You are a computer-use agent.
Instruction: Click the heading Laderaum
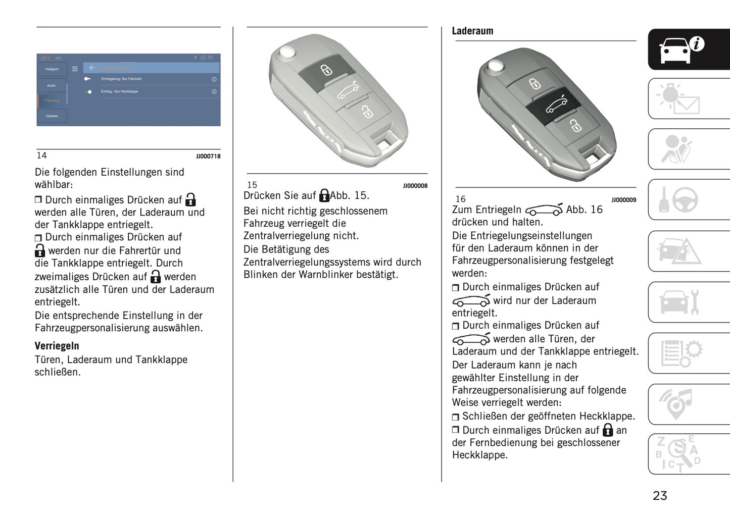[472, 31]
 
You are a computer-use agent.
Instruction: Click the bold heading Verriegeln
[57, 346]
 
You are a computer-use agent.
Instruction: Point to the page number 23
[660, 496]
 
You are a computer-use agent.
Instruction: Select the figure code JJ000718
[208, 157]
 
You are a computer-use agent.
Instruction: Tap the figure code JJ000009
[623, 200]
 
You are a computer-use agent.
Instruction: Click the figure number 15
[252, 185]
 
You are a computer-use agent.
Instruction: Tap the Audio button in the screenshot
[52, 86]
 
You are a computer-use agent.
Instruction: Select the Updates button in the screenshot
[52, 116]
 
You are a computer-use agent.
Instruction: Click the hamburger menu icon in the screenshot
[75, 69]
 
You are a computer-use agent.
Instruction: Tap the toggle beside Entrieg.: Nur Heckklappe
[88, 92]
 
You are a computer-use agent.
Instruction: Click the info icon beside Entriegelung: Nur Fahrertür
[214, 79]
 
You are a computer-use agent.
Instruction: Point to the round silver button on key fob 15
[287, 53]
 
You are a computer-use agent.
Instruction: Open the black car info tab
[688, 49]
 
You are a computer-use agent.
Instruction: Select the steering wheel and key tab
[688, 200]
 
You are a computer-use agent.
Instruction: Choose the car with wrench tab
[688, 302]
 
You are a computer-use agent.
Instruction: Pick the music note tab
[688, 404]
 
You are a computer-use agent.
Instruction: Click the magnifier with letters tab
[688, 454]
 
